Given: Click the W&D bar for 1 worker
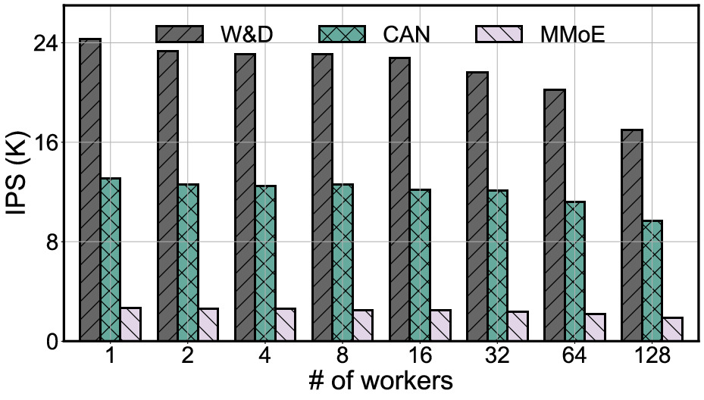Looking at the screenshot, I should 89,189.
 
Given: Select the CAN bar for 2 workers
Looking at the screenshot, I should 188,262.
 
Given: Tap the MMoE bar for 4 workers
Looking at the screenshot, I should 286,324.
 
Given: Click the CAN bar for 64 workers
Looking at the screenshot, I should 574,271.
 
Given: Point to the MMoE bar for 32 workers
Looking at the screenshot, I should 518,326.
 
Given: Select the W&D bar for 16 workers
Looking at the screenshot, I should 399,199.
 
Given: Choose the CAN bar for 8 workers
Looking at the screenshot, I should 343,262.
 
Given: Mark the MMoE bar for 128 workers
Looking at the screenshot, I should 673,329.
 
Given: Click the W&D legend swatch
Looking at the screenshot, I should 180,34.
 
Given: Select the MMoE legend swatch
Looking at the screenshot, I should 499,34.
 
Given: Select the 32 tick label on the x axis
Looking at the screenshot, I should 498,356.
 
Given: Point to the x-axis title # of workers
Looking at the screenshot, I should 380,381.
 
